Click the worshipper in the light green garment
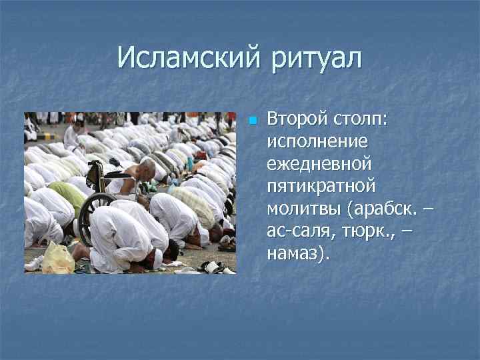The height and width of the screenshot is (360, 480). (x=67, y=195)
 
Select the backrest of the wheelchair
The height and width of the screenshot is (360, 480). (x=97, y=174)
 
